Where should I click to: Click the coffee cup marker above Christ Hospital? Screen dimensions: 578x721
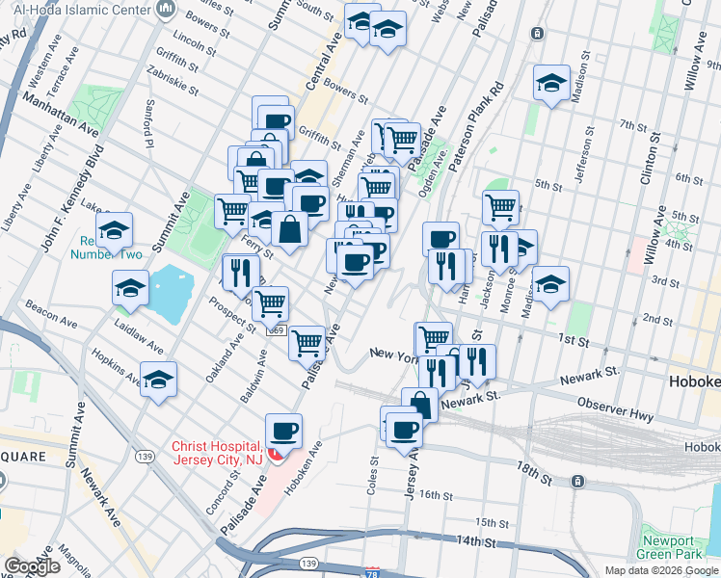coord(282,432)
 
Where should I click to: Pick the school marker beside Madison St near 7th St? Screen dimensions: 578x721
coord(552,84)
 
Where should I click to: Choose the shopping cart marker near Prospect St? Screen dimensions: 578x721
coord(270,303)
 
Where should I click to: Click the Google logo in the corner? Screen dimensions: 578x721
coord(32,565)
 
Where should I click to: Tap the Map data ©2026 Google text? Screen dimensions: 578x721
coord(660,570)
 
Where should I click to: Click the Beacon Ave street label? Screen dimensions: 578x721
coord(45,308)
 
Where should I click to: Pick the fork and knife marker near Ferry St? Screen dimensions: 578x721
coord(237,273)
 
